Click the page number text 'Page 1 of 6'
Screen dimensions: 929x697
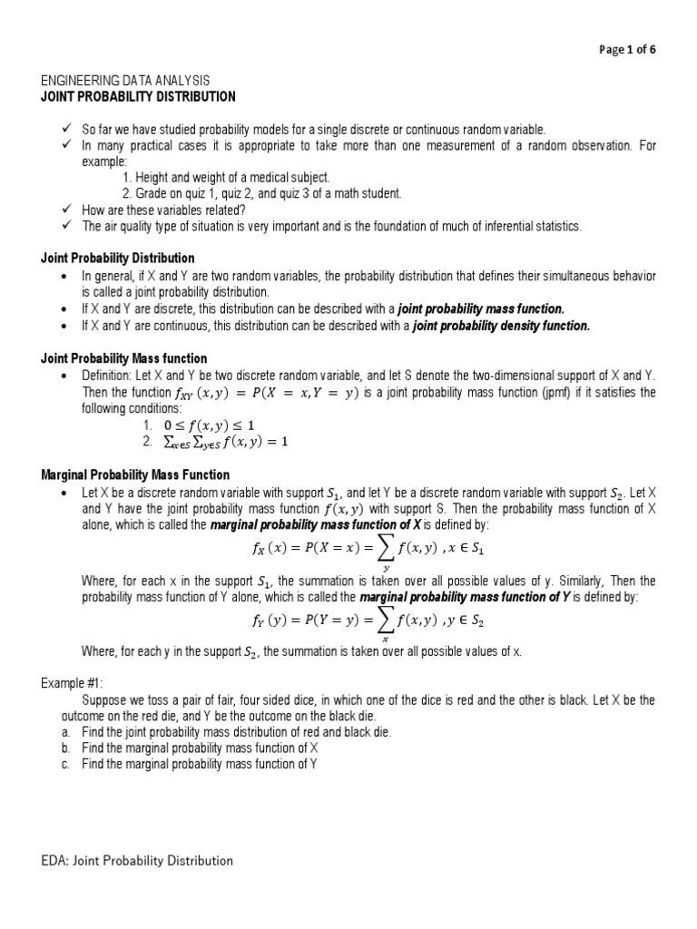coord(626,50)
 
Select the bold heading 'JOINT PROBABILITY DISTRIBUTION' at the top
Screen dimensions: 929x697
coord(138,96)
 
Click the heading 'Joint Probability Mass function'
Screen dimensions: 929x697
coord(124,358)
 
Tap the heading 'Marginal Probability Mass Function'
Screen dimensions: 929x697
coord(135,474)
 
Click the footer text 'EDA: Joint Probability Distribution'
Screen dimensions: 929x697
coord(136,860)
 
